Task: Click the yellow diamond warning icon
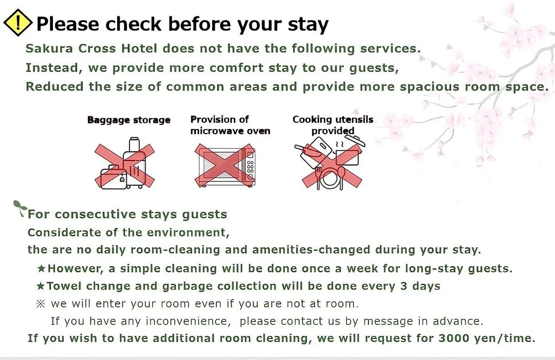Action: (x=17, y=23)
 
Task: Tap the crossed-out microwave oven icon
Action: (x=225, y=166)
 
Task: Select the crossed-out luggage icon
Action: (x=124, y=164)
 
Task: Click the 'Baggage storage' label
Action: (x=129, y=120)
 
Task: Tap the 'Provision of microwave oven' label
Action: (x=230, y=125)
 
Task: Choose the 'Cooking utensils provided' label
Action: (x=332, y=125)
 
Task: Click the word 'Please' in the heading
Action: (x=68, y=25)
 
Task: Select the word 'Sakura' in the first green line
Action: (x=49, y=48)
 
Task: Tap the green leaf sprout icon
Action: (x=20, y=208)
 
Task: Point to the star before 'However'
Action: (x=41, y=268)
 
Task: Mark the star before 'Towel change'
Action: (x=41, y=286)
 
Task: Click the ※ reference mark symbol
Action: (x=41, y=303)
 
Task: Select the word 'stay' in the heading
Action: (x=308, y=25)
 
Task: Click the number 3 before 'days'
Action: (x=404, y=286)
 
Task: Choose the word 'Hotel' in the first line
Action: (x=139, y=48)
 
